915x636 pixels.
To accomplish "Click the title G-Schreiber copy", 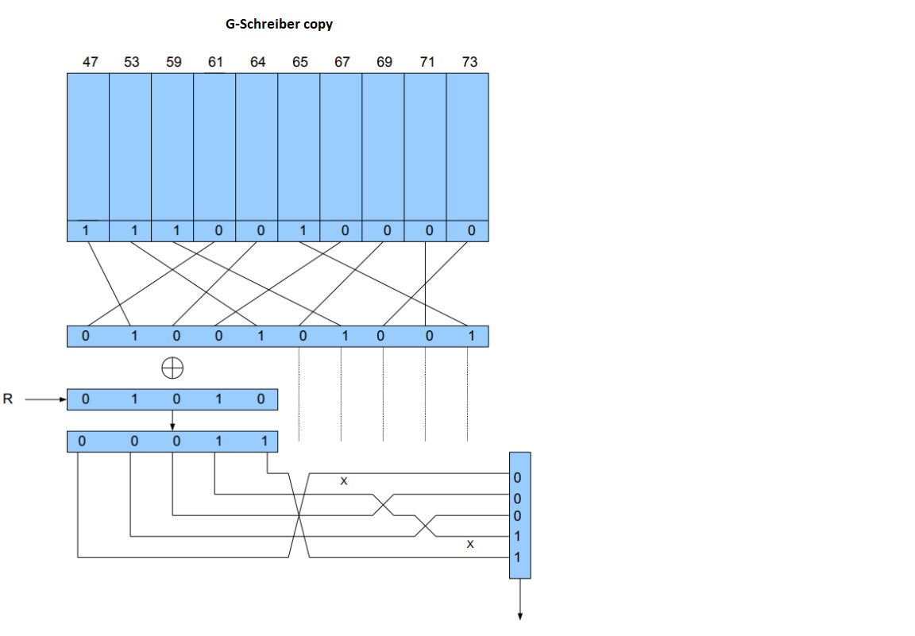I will pyautogui.click(x=279, y=24).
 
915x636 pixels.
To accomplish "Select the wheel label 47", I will pyautogui.click(x=90, y=62).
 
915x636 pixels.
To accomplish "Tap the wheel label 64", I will pyautogui.click(x=257, y=62).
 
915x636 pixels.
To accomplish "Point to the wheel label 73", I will pyautogui.click(x=469, y=62).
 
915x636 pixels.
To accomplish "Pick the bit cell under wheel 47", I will pyautogui.click(x=88, y=231).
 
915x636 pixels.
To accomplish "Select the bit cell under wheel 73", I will pyautogui.click(x=468, y=231).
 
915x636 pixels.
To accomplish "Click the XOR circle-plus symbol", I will pyautogui.click(x=172, y=368).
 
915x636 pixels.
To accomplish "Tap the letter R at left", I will pyautogui.click(x=8, y=399).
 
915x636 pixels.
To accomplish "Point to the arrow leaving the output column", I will pyautogui.click(x=520, y=599).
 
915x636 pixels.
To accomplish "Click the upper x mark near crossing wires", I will pyautogui.click(x=343, y=480).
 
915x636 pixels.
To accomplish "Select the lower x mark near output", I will pyautogui.click(x=469, y=544).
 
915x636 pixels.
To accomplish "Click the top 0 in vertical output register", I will pyautogui.click(x=517, y=479).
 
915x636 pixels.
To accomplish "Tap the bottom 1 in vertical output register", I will pyautogui.click(x=517, y=558).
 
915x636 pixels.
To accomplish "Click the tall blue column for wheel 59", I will pyautogui.click(x=172, y=147).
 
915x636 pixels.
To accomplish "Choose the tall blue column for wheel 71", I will pyautogui.click(x=426, y=147).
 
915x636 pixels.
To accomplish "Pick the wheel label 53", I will pyautogui.click(x=132, y=62).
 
